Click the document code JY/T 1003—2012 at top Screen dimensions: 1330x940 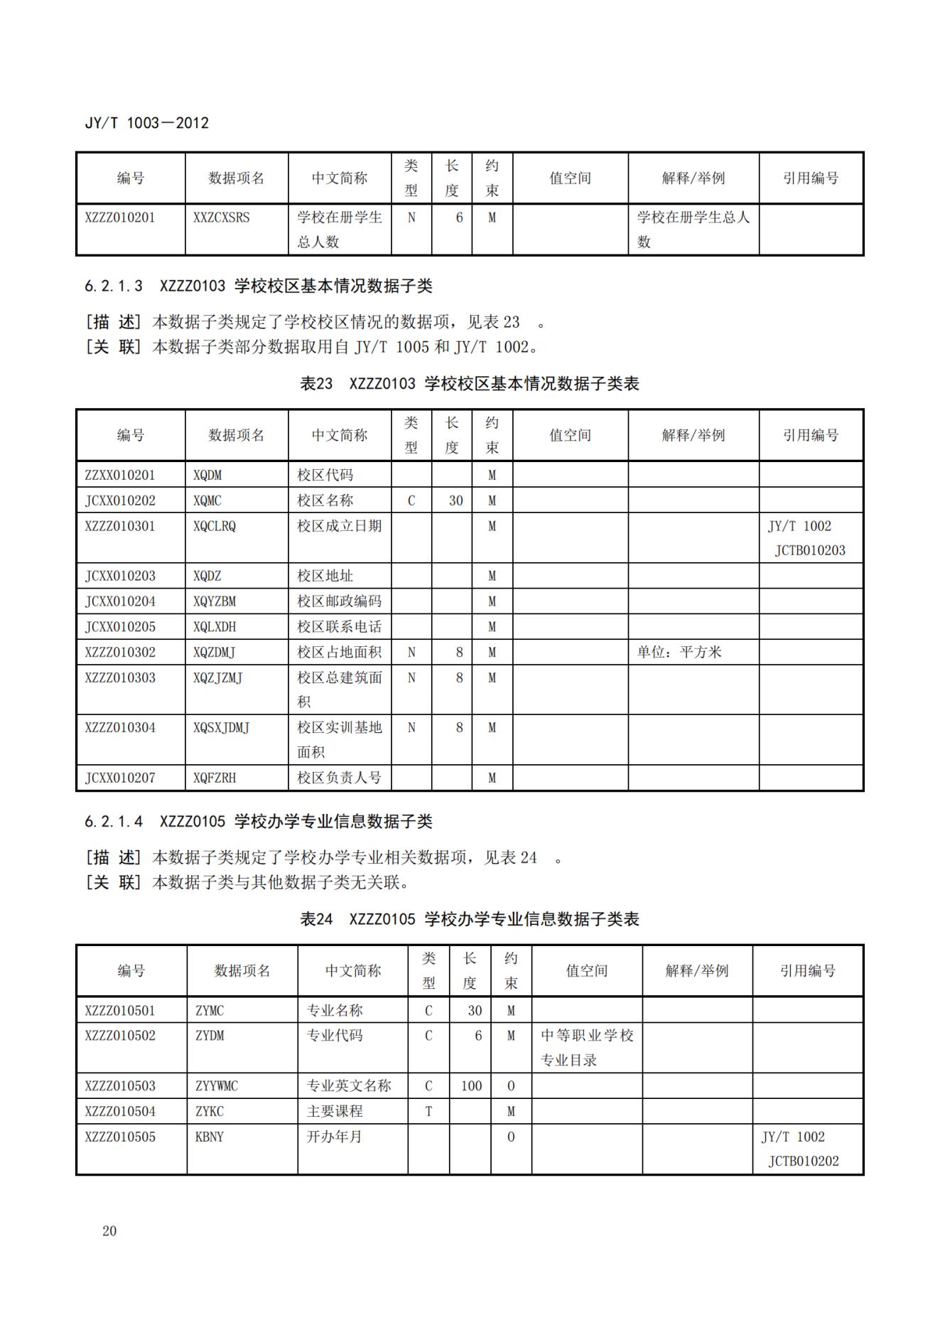146,123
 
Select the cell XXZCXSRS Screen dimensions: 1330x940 221,218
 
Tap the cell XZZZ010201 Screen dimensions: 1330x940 119,218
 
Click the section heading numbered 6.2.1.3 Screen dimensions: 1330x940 258,286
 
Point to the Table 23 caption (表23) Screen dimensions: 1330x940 469,384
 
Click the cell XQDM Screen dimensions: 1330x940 207,475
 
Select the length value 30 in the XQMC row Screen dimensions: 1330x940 455,500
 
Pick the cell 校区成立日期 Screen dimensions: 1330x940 339,526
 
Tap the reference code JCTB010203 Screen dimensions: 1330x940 810,550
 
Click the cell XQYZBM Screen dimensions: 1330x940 215,601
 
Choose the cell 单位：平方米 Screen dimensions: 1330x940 679,652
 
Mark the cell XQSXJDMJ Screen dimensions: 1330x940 221,727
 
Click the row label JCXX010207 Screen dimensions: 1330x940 119,778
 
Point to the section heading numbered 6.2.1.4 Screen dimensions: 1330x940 258,821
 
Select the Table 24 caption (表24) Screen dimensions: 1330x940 469,919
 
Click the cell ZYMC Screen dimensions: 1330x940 210,1010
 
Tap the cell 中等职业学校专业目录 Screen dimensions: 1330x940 586,1048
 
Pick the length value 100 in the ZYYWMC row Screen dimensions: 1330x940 471,1085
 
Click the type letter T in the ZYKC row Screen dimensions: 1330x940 428,1111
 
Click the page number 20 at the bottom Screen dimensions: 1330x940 109,1230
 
